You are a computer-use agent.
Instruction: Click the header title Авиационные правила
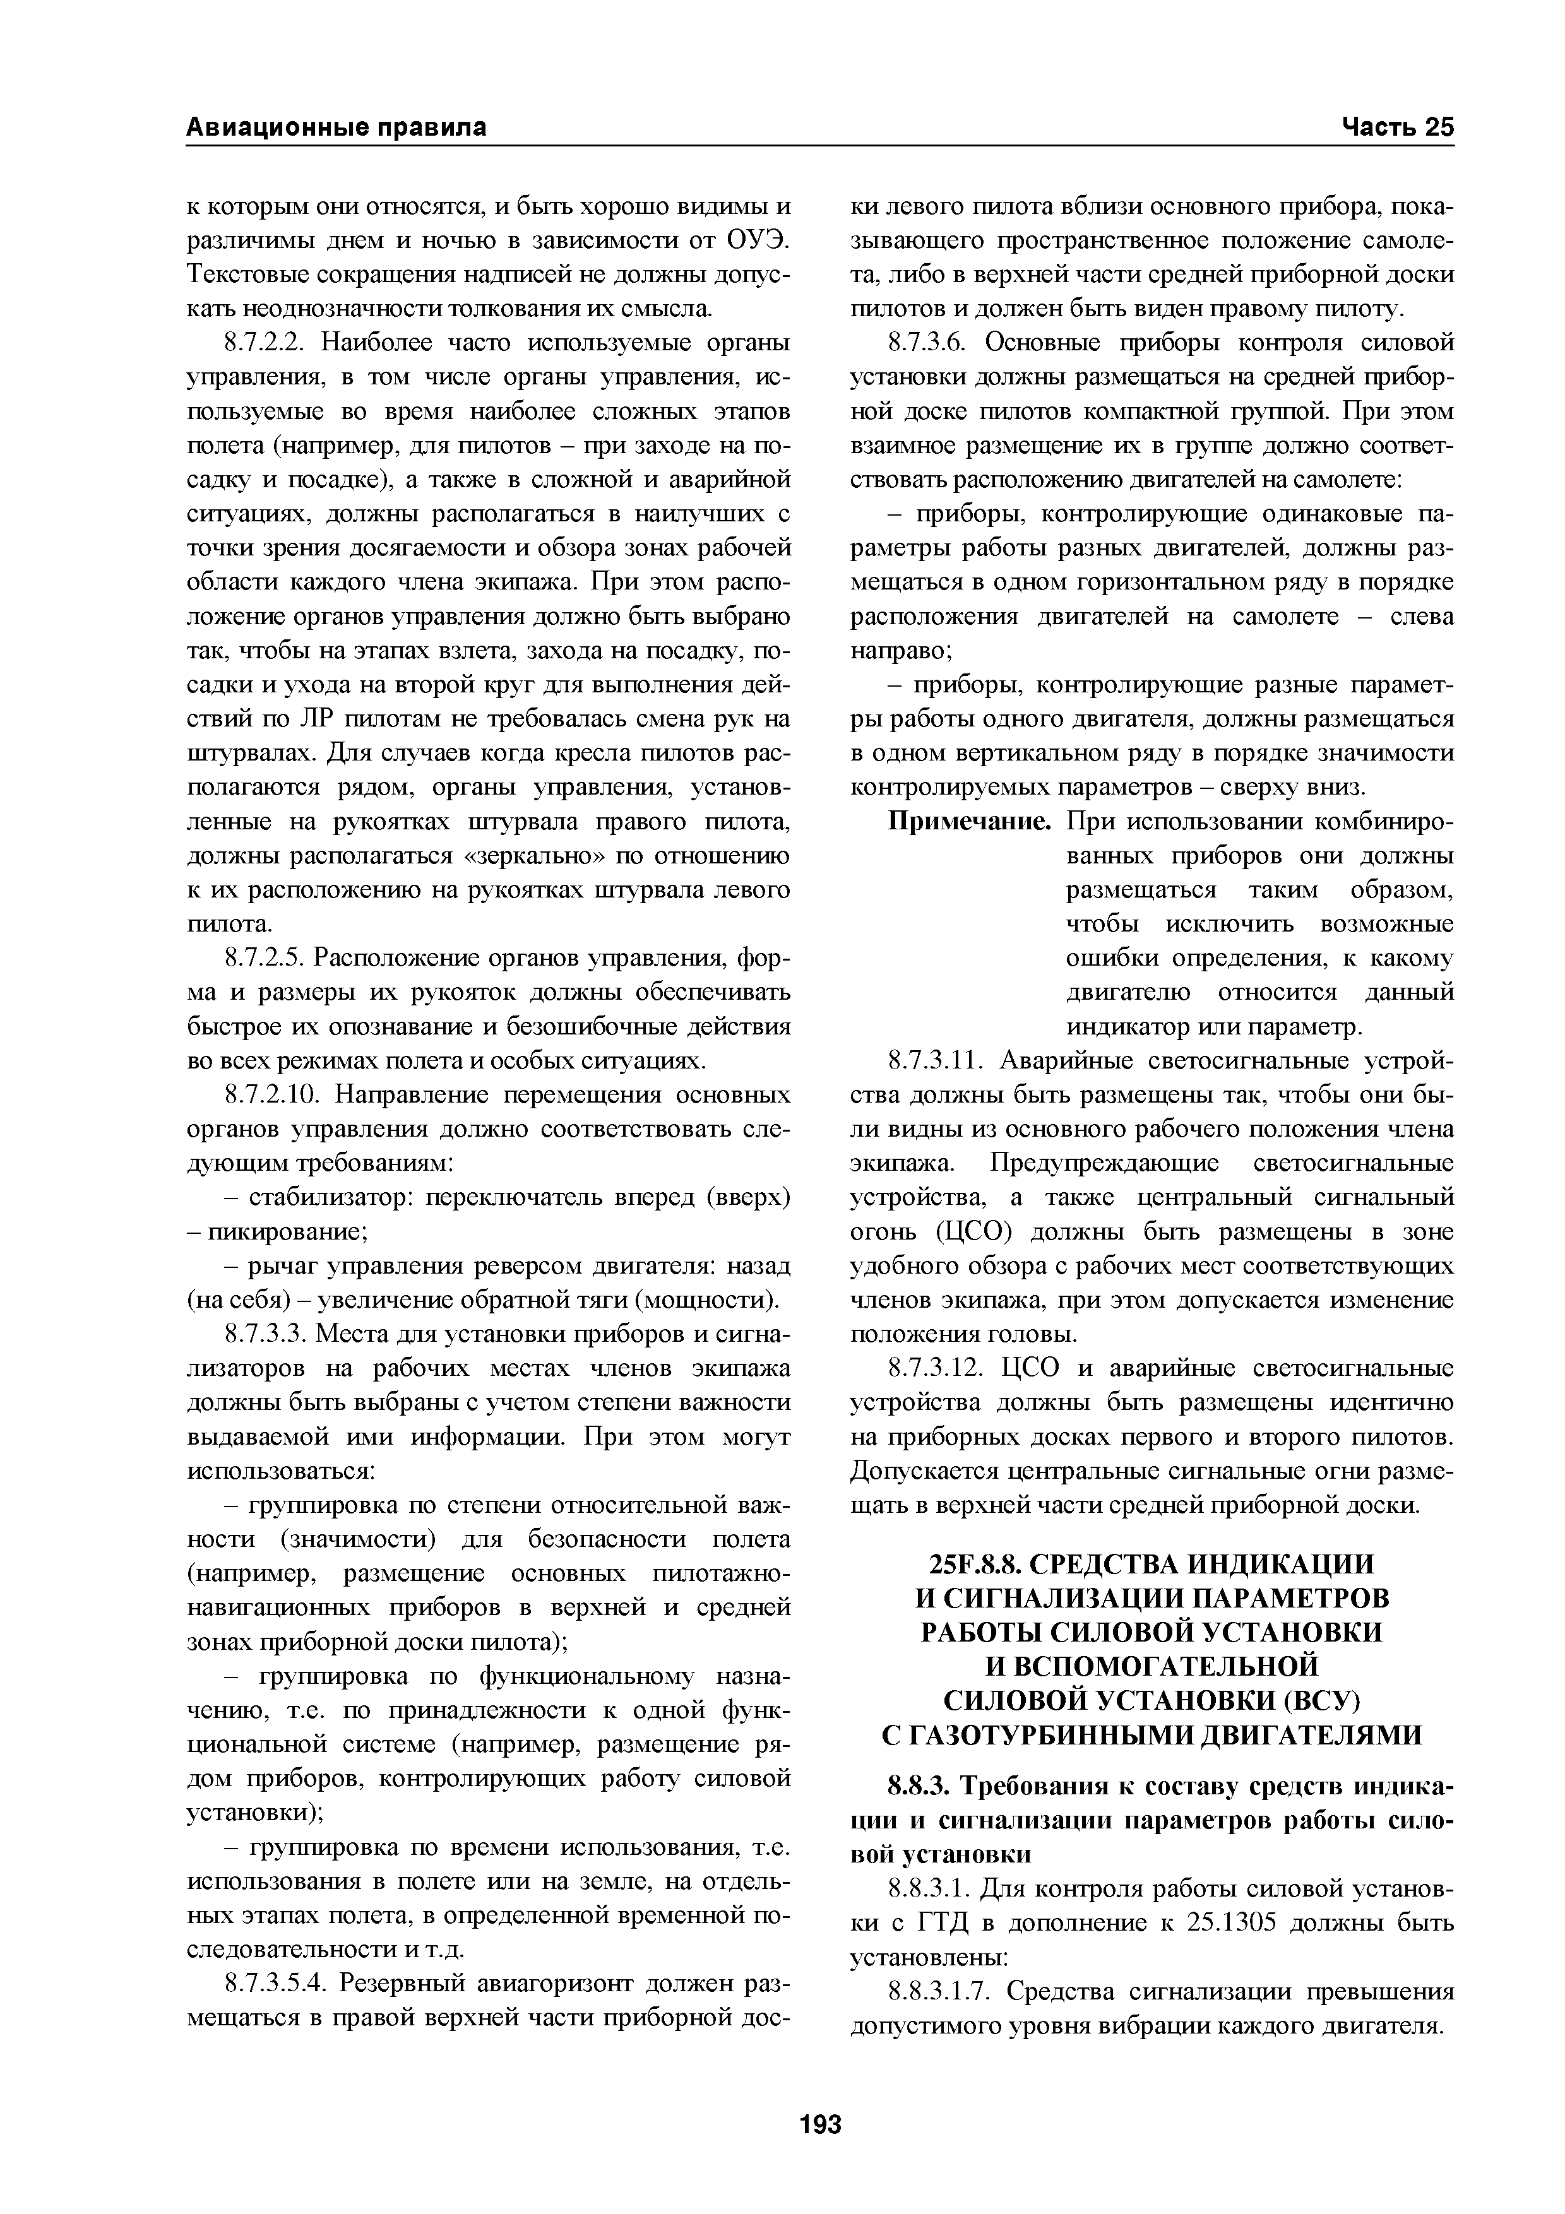pyautogui.click(x=336, y=127)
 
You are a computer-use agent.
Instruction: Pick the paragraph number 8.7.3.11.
pyautogui.click(x=934, y=1063)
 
